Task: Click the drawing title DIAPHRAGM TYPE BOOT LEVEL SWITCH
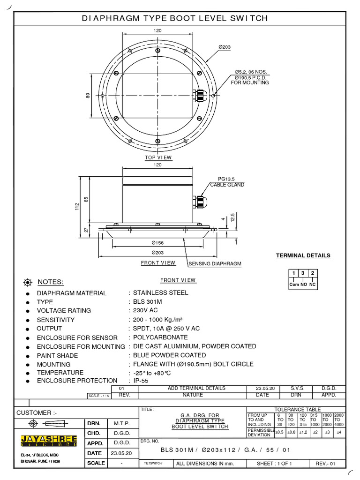tap(174, 18)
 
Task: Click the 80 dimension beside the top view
tap(87, 95)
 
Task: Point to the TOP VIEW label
tap(158, 157)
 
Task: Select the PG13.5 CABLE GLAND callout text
tap(227, 182)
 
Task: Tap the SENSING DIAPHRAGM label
tap(215, 264)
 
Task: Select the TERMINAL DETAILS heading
tap(303, 255)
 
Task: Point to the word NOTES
tap(50, 282)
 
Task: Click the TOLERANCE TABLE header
tap(297, 409)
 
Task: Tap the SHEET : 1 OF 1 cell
tap(274, 464)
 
